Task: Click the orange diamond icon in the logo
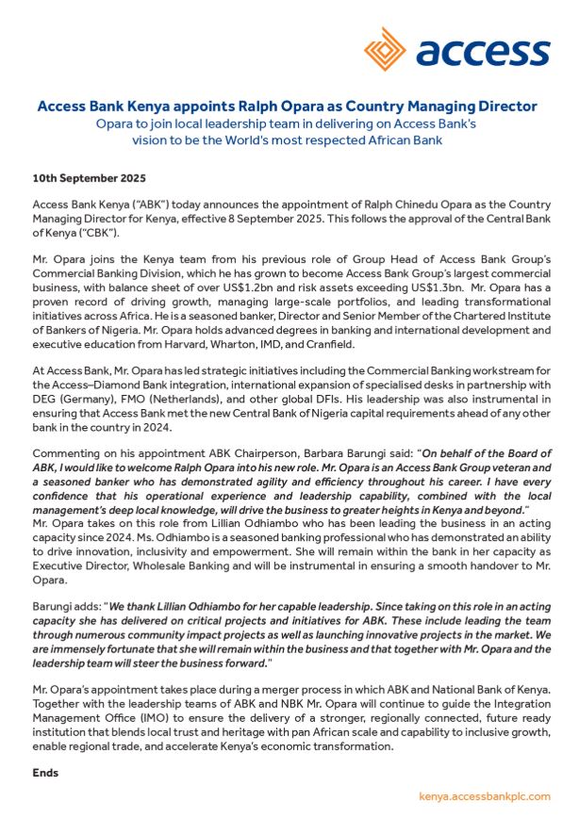tap(387, 49)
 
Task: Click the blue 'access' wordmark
tap(482, 53)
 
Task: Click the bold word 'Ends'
tap(45, 773)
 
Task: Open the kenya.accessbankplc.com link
tap(484, 796)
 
